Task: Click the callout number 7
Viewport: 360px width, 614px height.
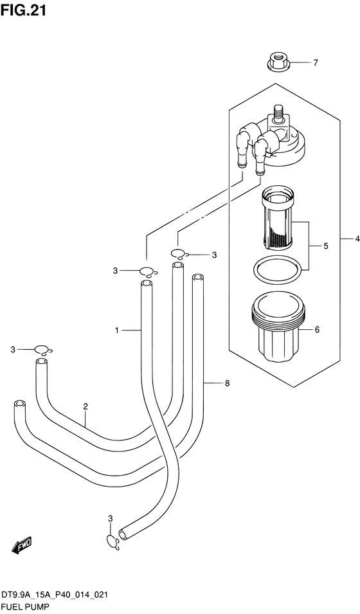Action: [x=316, y=62]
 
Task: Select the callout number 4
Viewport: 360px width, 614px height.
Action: [x=357, y=239]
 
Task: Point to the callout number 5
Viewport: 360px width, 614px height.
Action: [x=325, y=246]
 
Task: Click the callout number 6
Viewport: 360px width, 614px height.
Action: [x=317, y=330]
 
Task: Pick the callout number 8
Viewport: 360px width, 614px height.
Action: [x=227, y=383]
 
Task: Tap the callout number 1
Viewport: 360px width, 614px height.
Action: [x=117, y=331]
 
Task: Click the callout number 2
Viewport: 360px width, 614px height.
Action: [x=85, y=406]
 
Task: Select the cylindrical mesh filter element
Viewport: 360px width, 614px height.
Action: [x=276, y=220]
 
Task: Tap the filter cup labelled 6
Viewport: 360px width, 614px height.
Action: [x=276, y=328]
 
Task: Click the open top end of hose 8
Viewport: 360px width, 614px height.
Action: [x=198, y=278]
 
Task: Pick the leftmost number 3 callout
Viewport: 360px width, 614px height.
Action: [x=13, y=350]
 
